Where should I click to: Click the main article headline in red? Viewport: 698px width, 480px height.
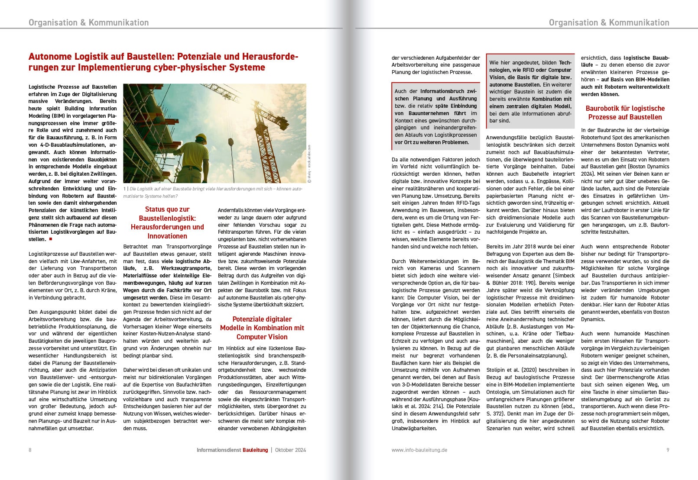pos(163,62)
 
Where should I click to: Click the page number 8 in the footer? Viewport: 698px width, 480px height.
pos(30,450)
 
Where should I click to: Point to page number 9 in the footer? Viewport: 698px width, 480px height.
pos(668,450)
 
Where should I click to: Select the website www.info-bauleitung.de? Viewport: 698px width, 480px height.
pos(419,450)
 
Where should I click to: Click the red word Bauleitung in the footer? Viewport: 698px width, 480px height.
pos(255,450)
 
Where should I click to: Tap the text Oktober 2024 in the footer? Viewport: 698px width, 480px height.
pos(290,450)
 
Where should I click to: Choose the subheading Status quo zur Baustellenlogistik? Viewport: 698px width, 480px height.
pos(167,222)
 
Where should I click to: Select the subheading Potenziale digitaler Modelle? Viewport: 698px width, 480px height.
pos(262,328)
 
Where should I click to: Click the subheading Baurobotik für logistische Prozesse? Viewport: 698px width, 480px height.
pos(625,113)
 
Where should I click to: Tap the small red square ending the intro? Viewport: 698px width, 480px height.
pos(51,239)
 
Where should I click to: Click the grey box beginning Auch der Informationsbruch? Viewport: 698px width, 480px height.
pos(435,116)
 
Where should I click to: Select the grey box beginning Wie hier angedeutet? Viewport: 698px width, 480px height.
pos(530,91)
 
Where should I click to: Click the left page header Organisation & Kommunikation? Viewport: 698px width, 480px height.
pos(88,23)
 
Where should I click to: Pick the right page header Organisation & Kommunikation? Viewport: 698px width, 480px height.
pos(609,23)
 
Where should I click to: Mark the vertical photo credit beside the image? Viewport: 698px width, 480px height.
pos(309,164)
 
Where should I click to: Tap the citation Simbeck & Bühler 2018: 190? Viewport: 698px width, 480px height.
pos(530,279)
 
